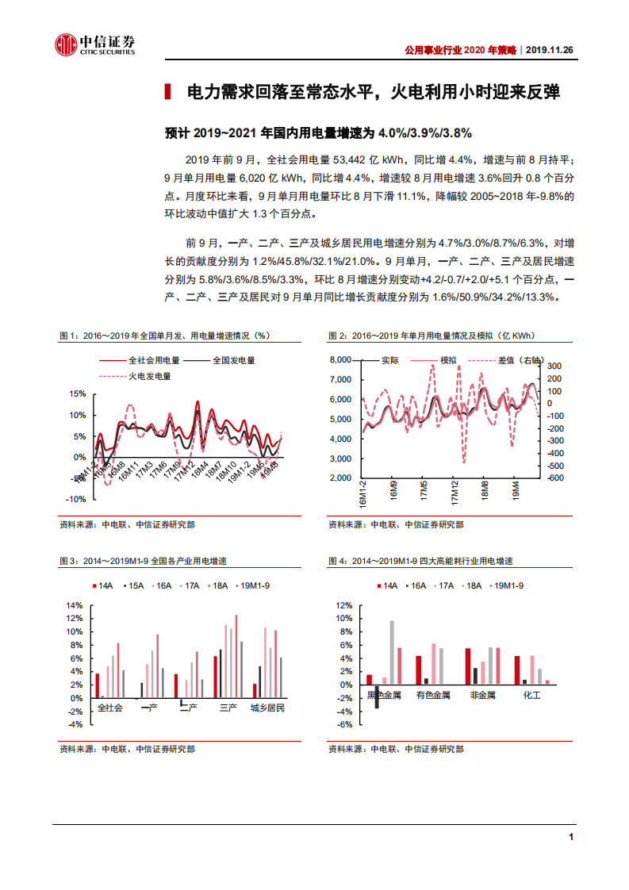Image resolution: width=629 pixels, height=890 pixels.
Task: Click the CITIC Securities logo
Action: [94, 44]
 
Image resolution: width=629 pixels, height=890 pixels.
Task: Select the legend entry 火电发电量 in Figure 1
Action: [148, 376]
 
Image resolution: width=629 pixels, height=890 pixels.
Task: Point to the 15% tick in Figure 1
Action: [77, 393]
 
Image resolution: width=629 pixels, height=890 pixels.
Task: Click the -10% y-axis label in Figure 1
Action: [75, 499]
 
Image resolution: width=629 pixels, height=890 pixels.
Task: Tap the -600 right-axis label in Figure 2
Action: [555, 478]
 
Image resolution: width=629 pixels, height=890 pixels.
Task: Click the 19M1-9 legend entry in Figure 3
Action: [254, 585]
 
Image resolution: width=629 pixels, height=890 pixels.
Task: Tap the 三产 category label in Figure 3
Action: [228, 707]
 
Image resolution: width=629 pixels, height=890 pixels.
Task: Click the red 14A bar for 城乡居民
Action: [255, 691]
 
